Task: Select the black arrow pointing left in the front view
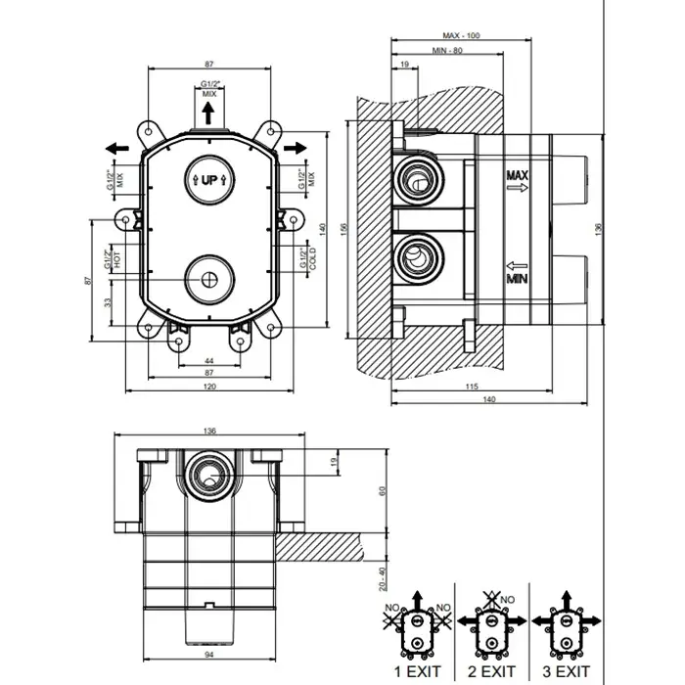click(116, 148)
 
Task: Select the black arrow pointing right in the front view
click(296, 147)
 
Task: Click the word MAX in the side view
click(518, 175)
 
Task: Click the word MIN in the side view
click(518, 279)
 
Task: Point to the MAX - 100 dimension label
click(461, 36)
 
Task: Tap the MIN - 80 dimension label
click(449, 52)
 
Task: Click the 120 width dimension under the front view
click(210, 388)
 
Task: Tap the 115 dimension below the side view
click(470, 388)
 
